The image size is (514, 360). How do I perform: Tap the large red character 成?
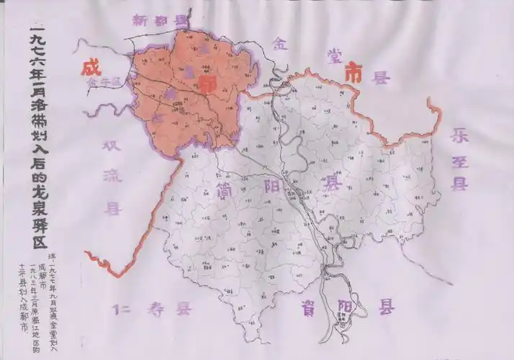click(x=91, y=69)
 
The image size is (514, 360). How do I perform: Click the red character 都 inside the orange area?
click(x=208, y=85)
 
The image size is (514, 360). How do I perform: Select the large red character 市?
click(x=353, y=72)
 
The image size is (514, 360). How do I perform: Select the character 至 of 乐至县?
click(x=459, y=159)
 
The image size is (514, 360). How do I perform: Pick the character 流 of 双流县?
click(x=112, y=177)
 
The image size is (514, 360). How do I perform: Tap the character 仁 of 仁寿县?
click(x=122, y=311)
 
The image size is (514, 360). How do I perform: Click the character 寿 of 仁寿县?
click(x=156, y=311)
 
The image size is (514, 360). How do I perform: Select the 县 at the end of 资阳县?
click(x=387, y=308)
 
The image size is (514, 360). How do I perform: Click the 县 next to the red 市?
click(x=379, y=77)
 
